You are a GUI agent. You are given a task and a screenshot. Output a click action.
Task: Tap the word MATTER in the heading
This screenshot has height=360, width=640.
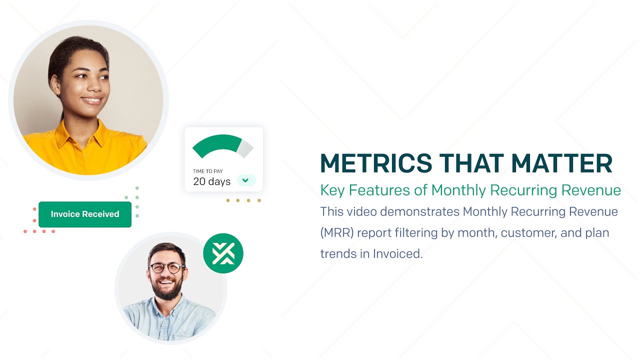561,163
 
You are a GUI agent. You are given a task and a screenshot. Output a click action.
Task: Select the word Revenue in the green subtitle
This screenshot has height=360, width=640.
591,190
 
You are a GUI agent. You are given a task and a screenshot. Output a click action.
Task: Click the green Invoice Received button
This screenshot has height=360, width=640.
85,214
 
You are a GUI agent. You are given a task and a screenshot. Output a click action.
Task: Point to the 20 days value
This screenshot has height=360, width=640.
211,181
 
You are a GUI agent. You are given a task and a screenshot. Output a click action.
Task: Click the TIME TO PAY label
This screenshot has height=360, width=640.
207,171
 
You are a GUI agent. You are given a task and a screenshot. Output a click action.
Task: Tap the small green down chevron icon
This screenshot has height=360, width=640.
245,180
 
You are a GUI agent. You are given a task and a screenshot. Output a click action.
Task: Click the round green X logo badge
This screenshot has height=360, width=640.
223,253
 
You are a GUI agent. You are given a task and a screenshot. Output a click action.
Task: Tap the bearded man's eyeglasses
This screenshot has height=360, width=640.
166,268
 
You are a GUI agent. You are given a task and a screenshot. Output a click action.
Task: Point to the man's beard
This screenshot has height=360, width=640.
167,287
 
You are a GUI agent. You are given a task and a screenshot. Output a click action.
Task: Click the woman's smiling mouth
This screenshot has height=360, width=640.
91,100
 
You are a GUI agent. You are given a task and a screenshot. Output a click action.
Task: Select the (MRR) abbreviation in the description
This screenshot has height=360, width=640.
337,233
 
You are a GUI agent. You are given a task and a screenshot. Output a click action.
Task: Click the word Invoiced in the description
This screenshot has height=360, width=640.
397,253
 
